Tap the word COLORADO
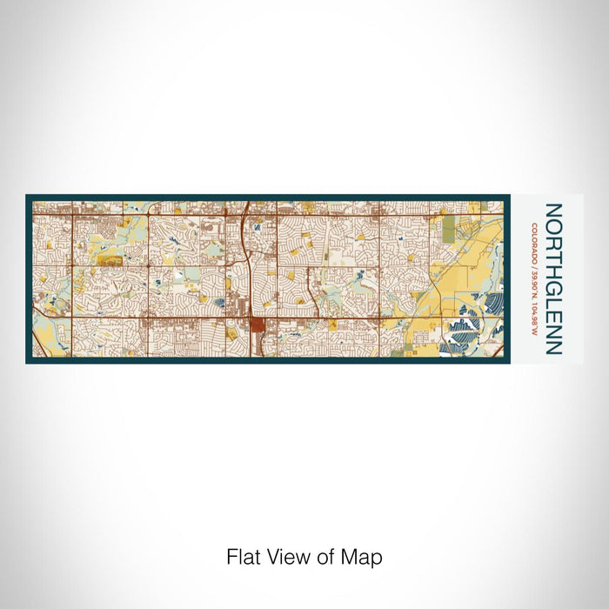(532, 242)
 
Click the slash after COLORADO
(532, 264)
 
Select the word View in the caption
(286, 556)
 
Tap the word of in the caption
(325, 556)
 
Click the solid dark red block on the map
(258, 325)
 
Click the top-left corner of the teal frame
(27, 196)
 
